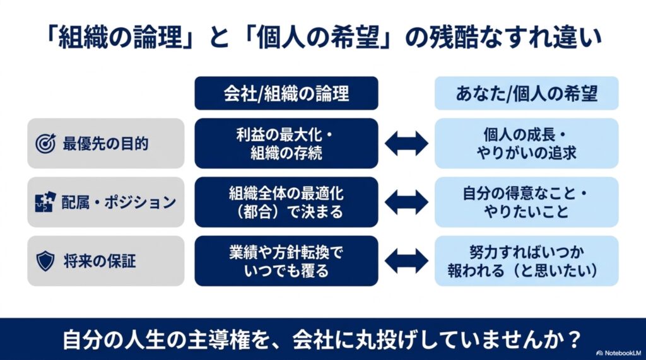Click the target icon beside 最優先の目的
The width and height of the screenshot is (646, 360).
(45, 143)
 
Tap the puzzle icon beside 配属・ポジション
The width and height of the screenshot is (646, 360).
(45, 202)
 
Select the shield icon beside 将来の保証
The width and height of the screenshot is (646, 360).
(45, 261)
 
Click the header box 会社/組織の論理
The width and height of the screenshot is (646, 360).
(286, 93)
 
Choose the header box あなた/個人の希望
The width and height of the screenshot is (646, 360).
(527, 93)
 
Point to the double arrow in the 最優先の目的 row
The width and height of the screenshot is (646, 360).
(406, 143)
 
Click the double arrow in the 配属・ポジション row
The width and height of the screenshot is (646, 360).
(406, 202)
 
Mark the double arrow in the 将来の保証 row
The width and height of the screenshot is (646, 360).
(406, 261)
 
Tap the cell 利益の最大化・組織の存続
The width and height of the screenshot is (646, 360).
(286, 143)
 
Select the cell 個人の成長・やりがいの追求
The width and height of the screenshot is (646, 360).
(527, 143)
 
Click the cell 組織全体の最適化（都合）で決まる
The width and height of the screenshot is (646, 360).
(286, 202)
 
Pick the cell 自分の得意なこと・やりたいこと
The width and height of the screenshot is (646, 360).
(527, 202)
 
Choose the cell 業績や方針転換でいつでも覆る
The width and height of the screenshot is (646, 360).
(286, 261)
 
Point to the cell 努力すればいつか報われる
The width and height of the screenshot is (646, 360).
(527, 261)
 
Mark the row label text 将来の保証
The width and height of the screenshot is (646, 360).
(100, 261)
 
